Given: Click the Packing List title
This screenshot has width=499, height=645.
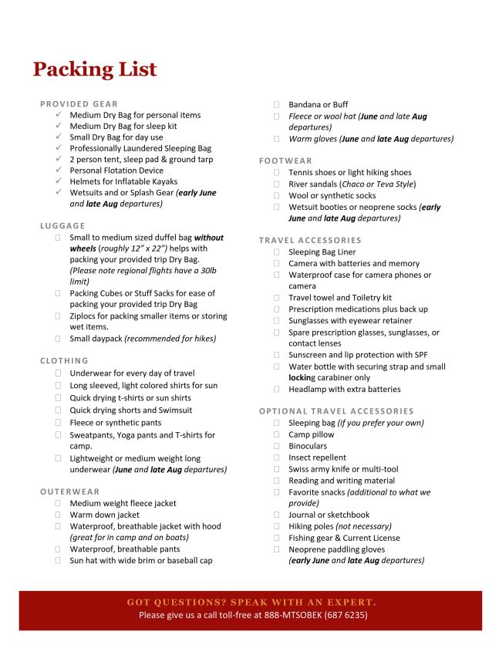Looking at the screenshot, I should pos(95,69).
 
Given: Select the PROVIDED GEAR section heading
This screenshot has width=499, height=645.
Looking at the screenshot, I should pos(79,104).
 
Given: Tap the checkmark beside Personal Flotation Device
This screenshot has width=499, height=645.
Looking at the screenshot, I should pos(58,171).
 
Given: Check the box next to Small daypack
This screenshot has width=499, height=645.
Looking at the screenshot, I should pos(58,339).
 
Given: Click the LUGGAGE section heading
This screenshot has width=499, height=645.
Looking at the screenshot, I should pos(62,226).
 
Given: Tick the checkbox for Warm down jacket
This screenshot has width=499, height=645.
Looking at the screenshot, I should pos(58,515).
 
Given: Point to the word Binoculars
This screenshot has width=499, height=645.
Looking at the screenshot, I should pos(308,446).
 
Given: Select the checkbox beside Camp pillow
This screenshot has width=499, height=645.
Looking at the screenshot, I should pos(277,434).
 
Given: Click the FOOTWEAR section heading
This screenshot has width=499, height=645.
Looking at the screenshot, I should pos(285,161).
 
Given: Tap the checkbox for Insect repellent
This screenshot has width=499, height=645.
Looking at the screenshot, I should pos(277,458).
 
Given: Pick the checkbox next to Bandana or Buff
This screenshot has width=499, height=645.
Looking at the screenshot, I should pos(277,105).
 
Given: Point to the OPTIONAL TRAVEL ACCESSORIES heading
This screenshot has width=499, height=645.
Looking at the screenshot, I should pos(336,411).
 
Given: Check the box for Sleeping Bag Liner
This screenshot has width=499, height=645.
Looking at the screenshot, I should pos(277,252).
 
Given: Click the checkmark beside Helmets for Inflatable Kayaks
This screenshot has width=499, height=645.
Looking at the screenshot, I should pos(58,182).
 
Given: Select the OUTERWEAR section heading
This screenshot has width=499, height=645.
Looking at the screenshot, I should pos(70,491).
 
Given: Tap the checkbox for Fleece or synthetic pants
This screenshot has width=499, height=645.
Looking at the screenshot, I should pos(58,423).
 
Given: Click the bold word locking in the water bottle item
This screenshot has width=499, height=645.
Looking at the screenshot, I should pos(302,378).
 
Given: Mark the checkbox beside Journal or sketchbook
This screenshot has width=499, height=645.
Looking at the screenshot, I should pos(277,515).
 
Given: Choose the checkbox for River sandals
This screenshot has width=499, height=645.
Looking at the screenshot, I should pos(277,184).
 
